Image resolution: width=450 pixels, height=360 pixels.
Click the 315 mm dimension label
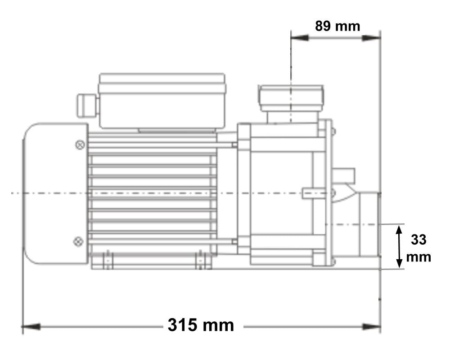(x=201, y=325)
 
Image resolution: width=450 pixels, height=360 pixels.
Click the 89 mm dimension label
(x=337, y=26)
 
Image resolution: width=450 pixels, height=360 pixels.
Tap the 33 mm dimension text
(x=418, y=248)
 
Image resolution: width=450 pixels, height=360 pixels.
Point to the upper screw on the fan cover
(x=80, y=145)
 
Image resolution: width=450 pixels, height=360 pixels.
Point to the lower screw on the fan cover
(x=78, y=242)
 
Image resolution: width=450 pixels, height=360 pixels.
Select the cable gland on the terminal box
(x=86, y=104)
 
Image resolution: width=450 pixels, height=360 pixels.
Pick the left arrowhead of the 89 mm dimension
(x=300, y=38)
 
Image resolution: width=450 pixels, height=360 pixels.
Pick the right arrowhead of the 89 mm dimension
(x=372, y=38)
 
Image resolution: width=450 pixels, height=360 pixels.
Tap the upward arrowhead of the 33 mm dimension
(x=399, y=230)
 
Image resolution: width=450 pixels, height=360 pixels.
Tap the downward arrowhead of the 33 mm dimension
(x=399, y=263)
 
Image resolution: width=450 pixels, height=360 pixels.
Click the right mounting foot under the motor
(x=203, y=261)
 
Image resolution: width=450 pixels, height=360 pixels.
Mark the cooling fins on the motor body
(x=153, y=193)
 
